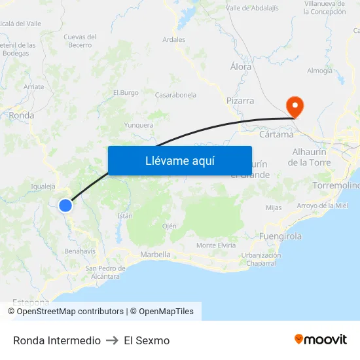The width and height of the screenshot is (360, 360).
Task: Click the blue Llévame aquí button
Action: tap(179, 160)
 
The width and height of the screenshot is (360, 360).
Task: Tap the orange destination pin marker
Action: tap(295, 105)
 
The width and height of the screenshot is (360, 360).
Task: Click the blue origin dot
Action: tap(65, 206)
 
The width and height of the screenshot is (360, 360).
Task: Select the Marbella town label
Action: tap(155, 255)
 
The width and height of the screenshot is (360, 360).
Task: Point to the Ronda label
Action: tap(22, 115)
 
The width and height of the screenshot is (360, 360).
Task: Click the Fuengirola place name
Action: tap(280, 236)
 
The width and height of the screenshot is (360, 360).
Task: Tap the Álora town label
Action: tap(242, 67)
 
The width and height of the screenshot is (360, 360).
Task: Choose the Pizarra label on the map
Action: tap(240, 101)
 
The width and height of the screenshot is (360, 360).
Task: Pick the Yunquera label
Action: tap(139, 125)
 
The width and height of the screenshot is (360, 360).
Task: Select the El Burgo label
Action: tap(126, 93)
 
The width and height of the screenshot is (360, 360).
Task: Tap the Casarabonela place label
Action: tap(175, 95)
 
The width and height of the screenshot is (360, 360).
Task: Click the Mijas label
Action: tap(274, 208)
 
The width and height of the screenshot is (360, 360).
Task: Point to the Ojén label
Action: tap(169, 226)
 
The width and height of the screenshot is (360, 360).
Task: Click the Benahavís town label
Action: tap(80, 251)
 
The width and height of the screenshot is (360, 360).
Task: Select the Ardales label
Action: tap(173, 39)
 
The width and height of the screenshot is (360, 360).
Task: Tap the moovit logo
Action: tap(320, 340)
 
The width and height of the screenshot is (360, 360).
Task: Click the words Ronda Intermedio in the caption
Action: tap(57, 340)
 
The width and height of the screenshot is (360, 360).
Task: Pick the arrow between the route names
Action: tap(112, 340)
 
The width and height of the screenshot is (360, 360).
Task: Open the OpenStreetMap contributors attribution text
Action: tap(70, 312)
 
